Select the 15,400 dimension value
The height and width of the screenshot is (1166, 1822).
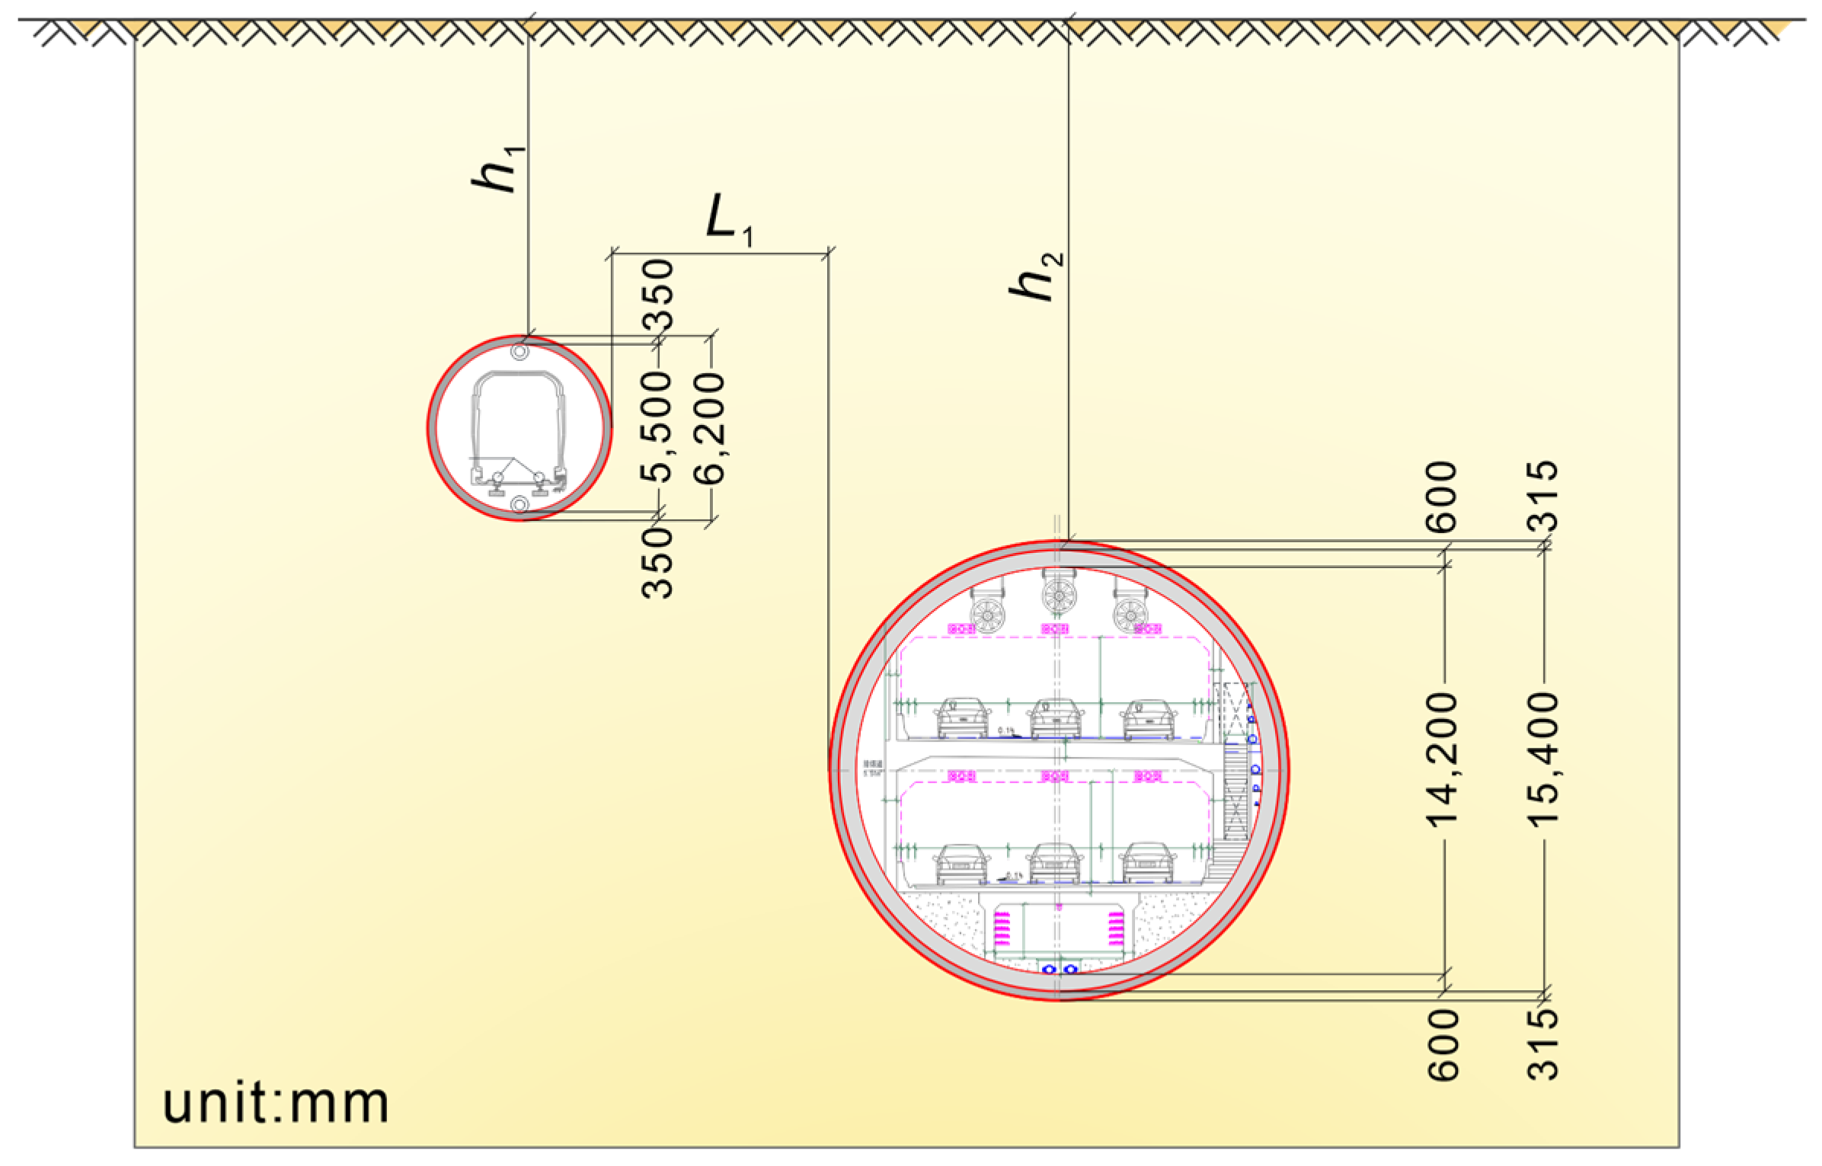[1543, 759]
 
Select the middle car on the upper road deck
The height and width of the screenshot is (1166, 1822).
[1055, 718]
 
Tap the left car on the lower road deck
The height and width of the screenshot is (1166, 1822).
[962, 862]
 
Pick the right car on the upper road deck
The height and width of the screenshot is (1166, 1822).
[1149, 718]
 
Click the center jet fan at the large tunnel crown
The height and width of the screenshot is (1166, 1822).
[1057, 595]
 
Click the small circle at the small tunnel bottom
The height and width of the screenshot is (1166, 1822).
[520, 504]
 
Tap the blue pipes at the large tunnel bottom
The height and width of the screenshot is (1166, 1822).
[1060, 969]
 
